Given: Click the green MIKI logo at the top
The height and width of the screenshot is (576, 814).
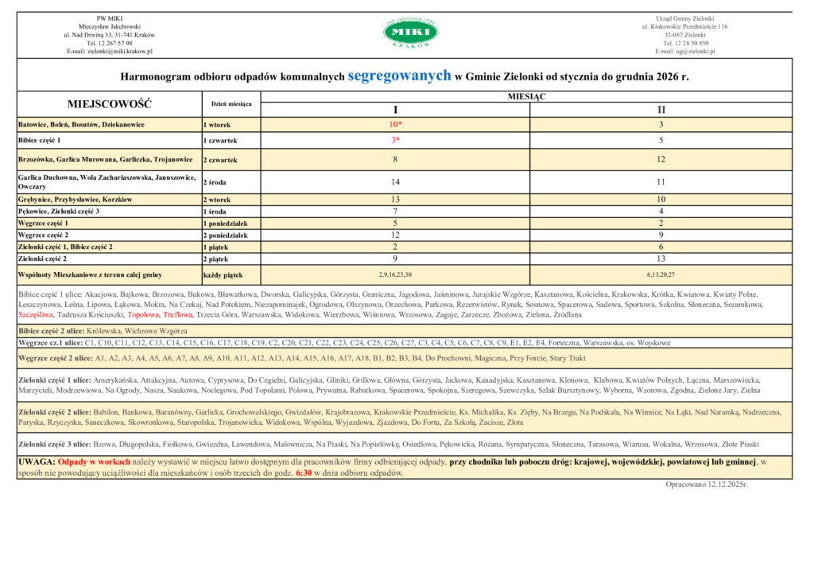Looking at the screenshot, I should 410,32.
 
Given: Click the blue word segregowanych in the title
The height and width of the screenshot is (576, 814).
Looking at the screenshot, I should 399,75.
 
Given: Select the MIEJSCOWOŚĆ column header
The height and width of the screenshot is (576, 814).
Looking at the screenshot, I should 110,103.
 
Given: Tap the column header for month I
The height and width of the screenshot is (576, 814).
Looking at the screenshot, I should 395,109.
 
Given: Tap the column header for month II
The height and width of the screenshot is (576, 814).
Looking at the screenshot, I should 661,109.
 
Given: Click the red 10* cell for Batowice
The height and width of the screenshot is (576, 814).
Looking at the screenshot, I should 395,125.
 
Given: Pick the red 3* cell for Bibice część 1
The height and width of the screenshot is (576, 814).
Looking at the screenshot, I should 395,140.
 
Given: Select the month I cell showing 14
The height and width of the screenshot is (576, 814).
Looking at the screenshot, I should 395,181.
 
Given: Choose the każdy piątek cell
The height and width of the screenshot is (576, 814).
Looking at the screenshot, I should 223,274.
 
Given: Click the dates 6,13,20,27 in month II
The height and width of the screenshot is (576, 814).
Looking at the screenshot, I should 661,274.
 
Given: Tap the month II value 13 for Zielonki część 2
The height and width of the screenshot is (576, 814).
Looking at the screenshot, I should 661,259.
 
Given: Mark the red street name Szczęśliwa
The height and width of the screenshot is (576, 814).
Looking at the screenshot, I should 33,315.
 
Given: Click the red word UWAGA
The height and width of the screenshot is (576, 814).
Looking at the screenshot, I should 36,461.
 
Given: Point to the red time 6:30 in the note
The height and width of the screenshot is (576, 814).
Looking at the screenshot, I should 304,473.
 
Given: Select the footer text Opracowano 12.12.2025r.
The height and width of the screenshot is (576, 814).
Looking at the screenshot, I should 707,484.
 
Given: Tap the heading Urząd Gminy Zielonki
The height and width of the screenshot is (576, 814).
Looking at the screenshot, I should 684,18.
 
